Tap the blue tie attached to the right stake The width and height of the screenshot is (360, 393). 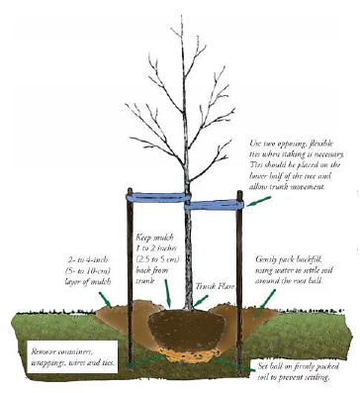(215, 205)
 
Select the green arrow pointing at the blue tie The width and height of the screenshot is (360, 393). (260, 204)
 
